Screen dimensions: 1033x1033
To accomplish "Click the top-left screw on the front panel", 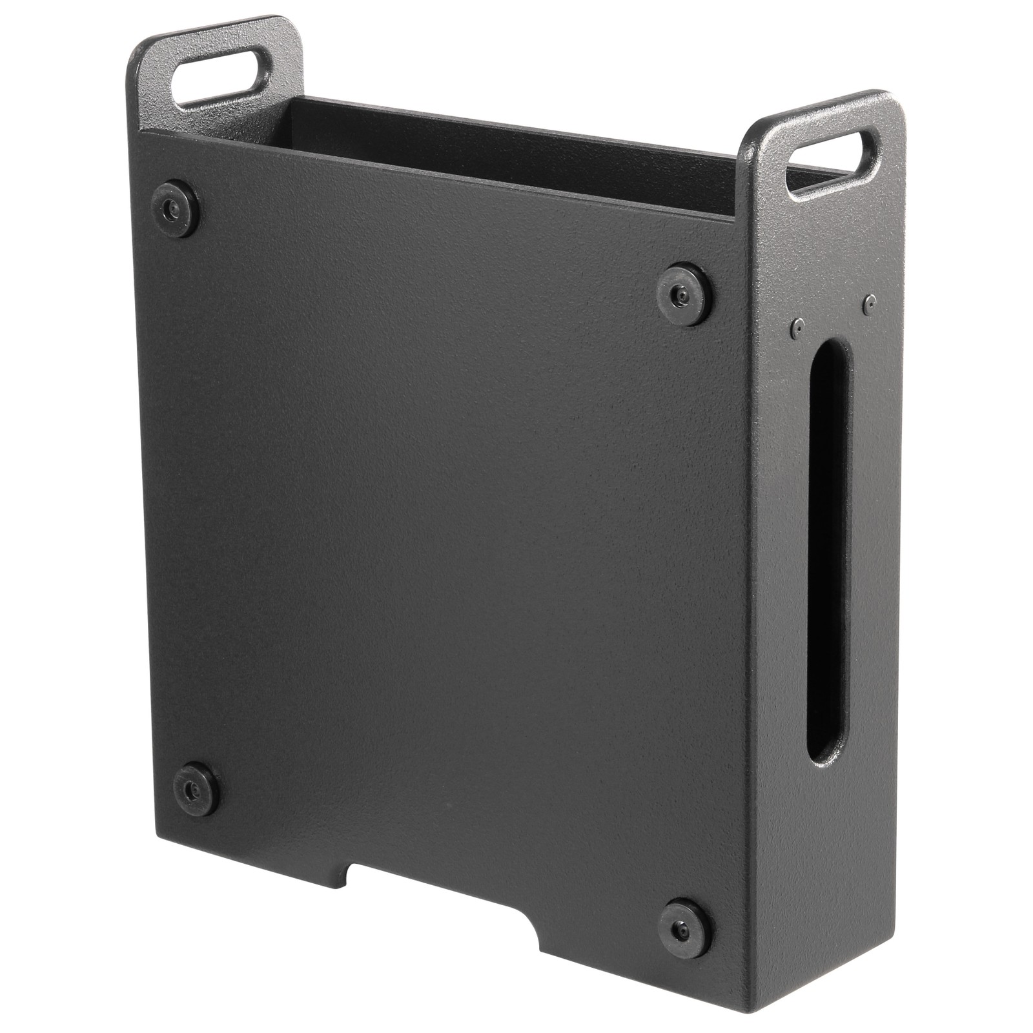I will tap(176, 208).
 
